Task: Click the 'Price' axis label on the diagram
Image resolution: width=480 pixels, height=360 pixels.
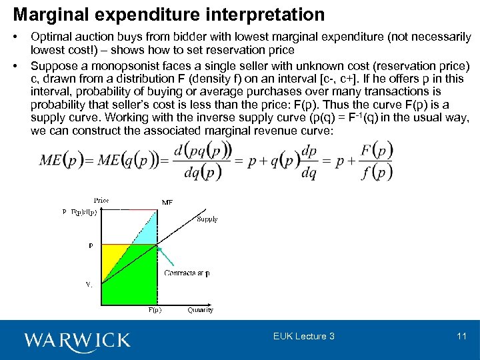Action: tap(101, 200)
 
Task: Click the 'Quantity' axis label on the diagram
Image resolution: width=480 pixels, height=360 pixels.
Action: tap(200, 309)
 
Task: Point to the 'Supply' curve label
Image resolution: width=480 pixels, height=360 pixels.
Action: tap(207, 219)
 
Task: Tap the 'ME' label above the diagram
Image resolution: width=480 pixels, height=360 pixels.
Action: tap(167, 202)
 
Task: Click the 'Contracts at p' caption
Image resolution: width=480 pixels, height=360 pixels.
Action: tap(187, 273)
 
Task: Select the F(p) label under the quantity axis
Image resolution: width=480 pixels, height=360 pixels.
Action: tap(154, 309)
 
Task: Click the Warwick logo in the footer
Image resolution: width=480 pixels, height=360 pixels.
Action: tap(77, 340)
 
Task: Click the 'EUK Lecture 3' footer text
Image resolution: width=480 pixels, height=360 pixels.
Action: tap(304, 336)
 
